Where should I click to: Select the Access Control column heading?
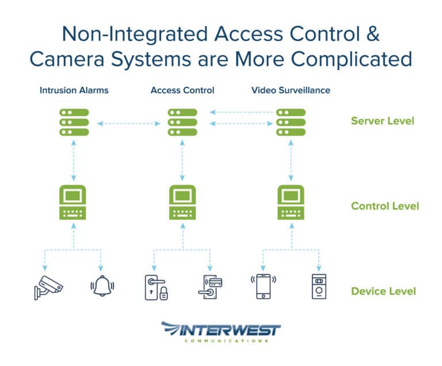(x=182, y=90)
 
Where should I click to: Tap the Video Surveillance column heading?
(x=291, y=90)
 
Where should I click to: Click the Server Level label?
(x=382, y=121)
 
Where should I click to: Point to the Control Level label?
(x=384, y=206)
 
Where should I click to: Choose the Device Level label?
(x=383, y=291)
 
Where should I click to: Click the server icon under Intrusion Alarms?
(x=74, y=122)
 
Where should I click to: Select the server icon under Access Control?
(x=182, y=122)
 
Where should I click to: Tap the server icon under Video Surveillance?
(x=291, y=122)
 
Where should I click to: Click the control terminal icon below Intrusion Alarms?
(x=74, y=203)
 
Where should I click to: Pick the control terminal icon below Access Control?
(x=182, y=203)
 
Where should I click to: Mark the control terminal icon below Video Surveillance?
(x=291, y=203)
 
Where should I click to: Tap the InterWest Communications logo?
(x=221, y=332)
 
